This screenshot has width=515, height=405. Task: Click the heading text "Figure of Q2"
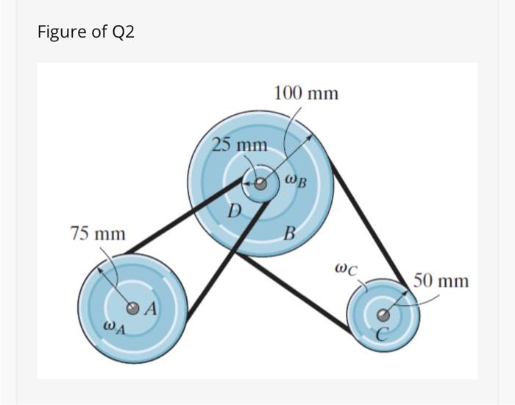pyautogui.click(x=86, y=32)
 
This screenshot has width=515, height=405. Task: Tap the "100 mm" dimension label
pyautogui.click(x=306, y=94)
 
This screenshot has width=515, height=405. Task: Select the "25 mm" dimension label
pyautogui.click(x=240, y=144)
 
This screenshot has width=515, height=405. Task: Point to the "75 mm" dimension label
pyautogui.click(x=98, y=234)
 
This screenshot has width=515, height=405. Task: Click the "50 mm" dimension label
pyautogui.click(x=441, y=281)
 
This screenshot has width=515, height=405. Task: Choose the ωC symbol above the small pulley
pyautogui.click(x=346, y=270)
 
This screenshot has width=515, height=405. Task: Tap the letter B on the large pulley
pyautogui.click(x=290, y=236)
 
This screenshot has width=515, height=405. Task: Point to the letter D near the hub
pyautogui.click(x=233, y=211)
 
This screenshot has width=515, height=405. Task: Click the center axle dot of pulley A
pyautogui.click(x=132, y=308)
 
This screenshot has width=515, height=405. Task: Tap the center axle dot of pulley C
pyautogui.click(x=383, y=315)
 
